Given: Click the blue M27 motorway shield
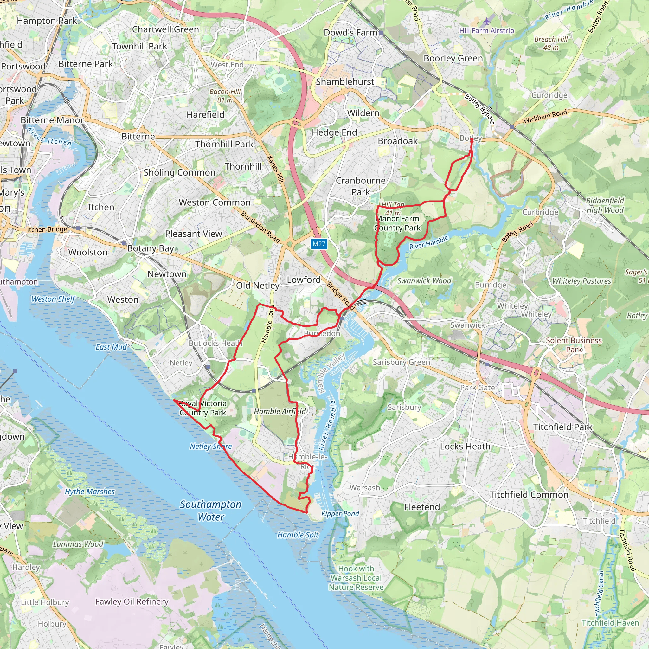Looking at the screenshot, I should point(318,244).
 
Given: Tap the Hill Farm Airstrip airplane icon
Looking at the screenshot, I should point(487,22).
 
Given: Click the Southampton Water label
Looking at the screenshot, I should point(211,510).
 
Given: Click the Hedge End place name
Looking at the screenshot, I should point(334,132).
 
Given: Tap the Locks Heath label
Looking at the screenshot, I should point(465,446).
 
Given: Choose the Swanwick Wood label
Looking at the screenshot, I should point(424,280).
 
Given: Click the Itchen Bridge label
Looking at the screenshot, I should point(47,229).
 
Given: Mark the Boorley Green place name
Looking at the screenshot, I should point(453,58).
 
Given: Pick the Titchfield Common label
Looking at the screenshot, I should point(529,494).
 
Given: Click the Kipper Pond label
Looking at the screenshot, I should point(340,514).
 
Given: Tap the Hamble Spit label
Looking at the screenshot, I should point(298,535).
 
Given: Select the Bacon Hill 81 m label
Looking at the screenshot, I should point(225,96).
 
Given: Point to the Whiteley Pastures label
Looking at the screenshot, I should point(582,281).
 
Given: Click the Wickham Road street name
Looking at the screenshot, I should point(545,116).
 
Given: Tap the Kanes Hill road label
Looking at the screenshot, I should point(275,169).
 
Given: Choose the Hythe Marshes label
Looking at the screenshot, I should point(90,492).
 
